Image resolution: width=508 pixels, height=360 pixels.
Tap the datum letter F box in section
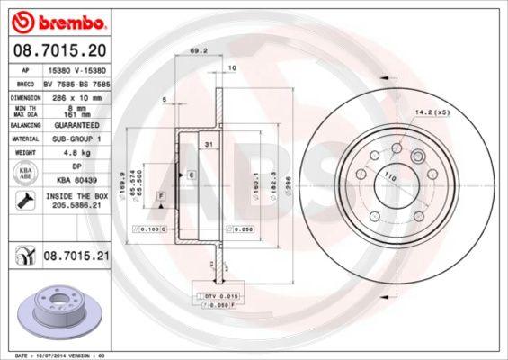(x=160, y=195)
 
